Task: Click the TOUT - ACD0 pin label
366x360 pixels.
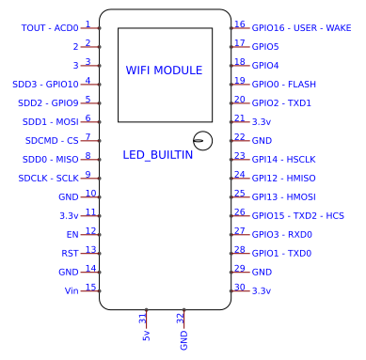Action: [x=50, y=28]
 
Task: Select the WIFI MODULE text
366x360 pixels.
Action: [x=164, y=70]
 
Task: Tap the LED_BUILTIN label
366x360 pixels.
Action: [x=158, y=154]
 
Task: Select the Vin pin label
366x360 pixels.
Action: [x=71, y=291]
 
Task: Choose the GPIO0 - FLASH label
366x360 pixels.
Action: [x=283, y=85]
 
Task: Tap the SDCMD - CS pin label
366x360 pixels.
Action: [x=53, y=141]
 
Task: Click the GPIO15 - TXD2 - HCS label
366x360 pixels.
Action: [x=297, y=216]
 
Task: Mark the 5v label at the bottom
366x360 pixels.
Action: [x=146, y=336]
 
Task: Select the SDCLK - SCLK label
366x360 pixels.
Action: [x=49, y=179]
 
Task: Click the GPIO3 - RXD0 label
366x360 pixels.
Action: [x=281, y=235]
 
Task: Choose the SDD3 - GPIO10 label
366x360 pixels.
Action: [x=46, y=85]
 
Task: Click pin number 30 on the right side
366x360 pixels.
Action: [x=240, y=288]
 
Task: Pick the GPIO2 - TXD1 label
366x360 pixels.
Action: [x=281, y=103]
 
